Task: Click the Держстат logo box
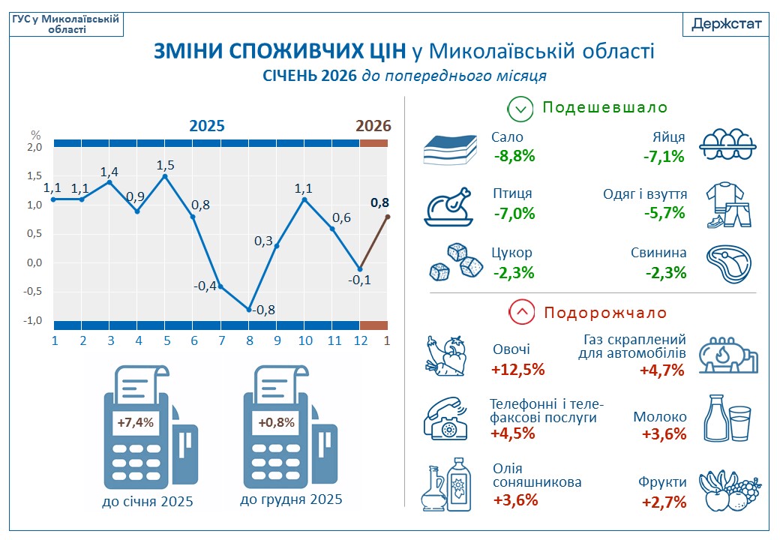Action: coord(726,24)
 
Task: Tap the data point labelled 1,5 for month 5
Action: coord(165,175)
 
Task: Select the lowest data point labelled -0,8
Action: coord(249,309)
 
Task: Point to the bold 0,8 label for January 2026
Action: coord(380,202)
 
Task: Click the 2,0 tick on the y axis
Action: coord(34,147)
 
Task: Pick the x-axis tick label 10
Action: coord(304,340)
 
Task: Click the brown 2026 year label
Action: coord(373,125)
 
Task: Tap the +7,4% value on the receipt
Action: coord(136,422)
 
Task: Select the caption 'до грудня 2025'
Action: coord(291,499)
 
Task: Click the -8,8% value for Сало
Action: coord(514,156)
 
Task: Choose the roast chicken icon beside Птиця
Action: coord(450,205)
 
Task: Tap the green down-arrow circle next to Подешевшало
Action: coord(520,108)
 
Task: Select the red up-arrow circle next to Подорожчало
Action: coord(521,312)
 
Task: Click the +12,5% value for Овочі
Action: coord(518,369)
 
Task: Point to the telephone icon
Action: coord(447,417)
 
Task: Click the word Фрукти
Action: coord(663,481)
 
